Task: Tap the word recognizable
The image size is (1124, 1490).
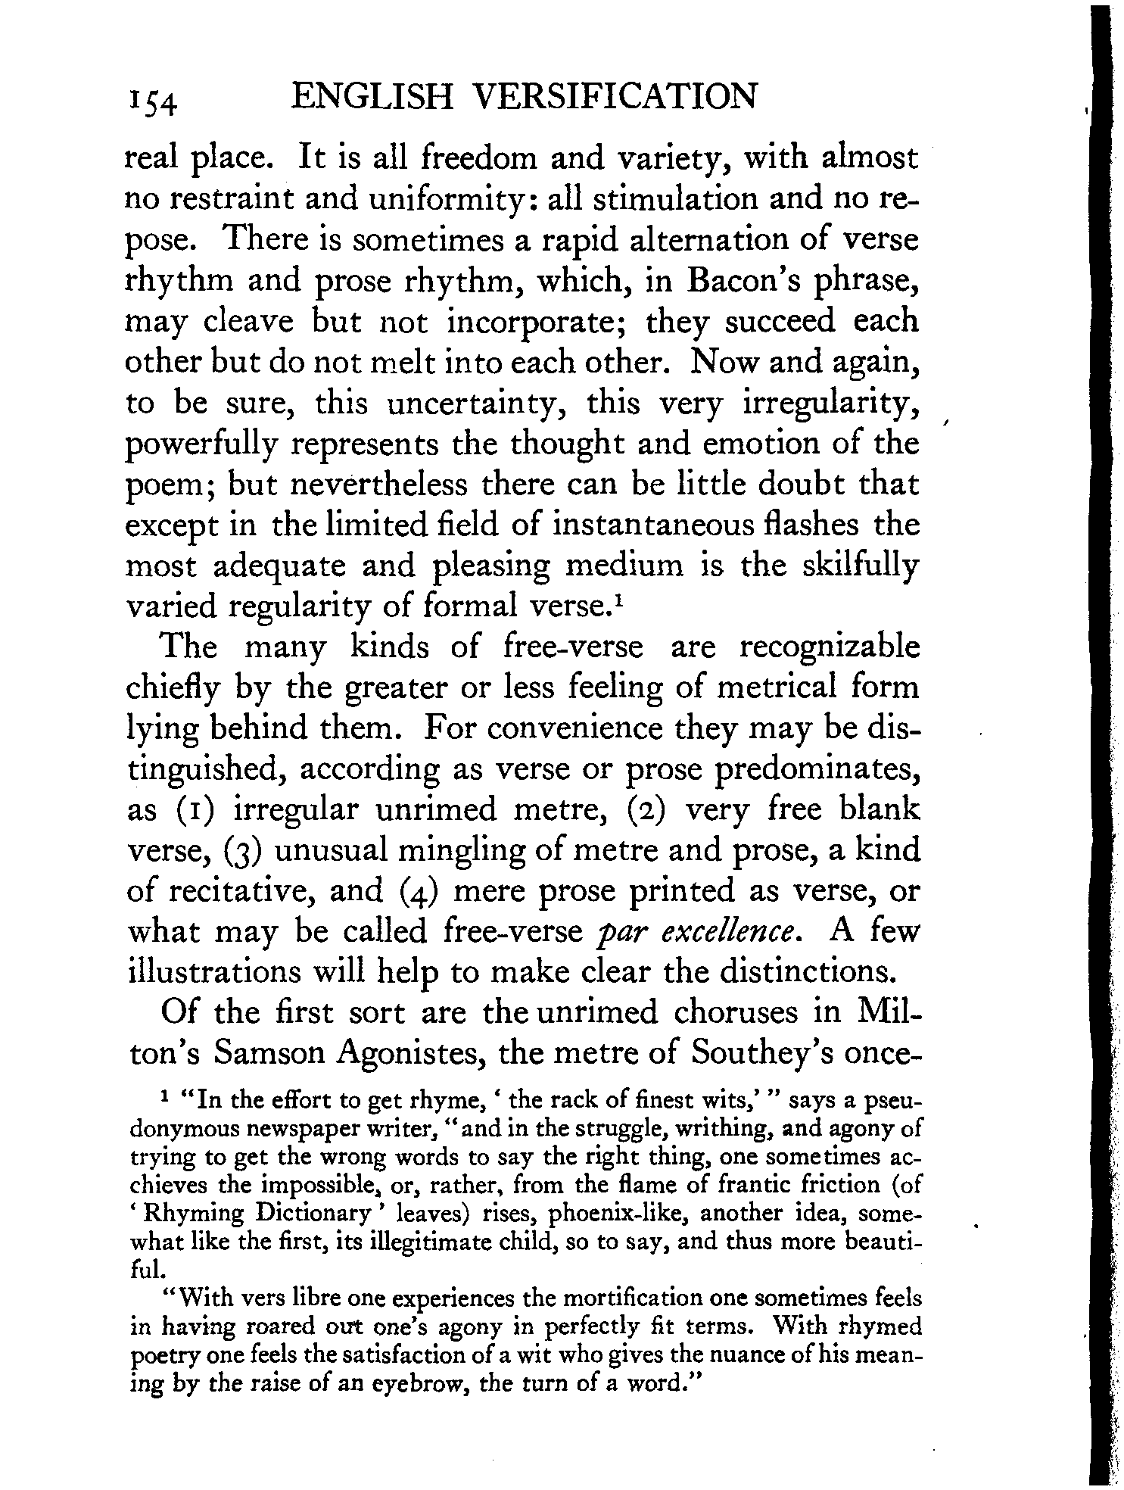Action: [829, 648]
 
